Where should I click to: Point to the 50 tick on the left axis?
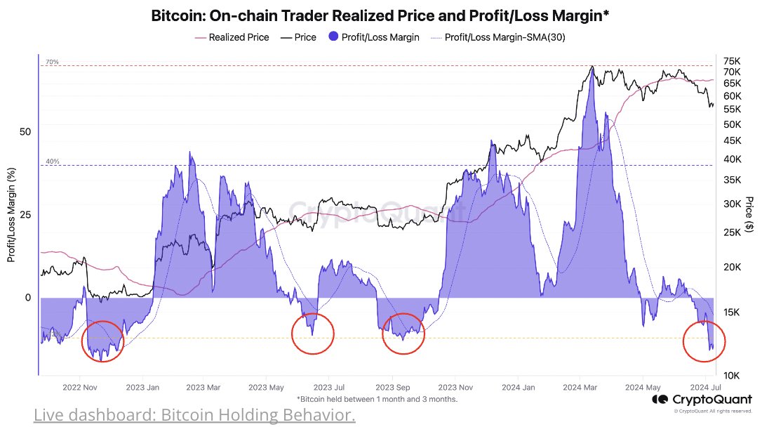coord(25,131)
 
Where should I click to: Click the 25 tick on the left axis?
coord(25,214)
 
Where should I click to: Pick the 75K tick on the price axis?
coord(731,60)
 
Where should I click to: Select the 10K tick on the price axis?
coord(731,376)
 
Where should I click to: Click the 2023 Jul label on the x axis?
coord(328,387)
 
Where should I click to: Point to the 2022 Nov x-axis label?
coord(79,387)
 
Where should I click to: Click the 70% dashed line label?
coord(52,63)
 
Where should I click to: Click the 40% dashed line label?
coord(52,162)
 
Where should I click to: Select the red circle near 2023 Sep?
coord(403,334)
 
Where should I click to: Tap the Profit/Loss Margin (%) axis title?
coord(11,214)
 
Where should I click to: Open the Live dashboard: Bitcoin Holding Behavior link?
coord(194,415)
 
